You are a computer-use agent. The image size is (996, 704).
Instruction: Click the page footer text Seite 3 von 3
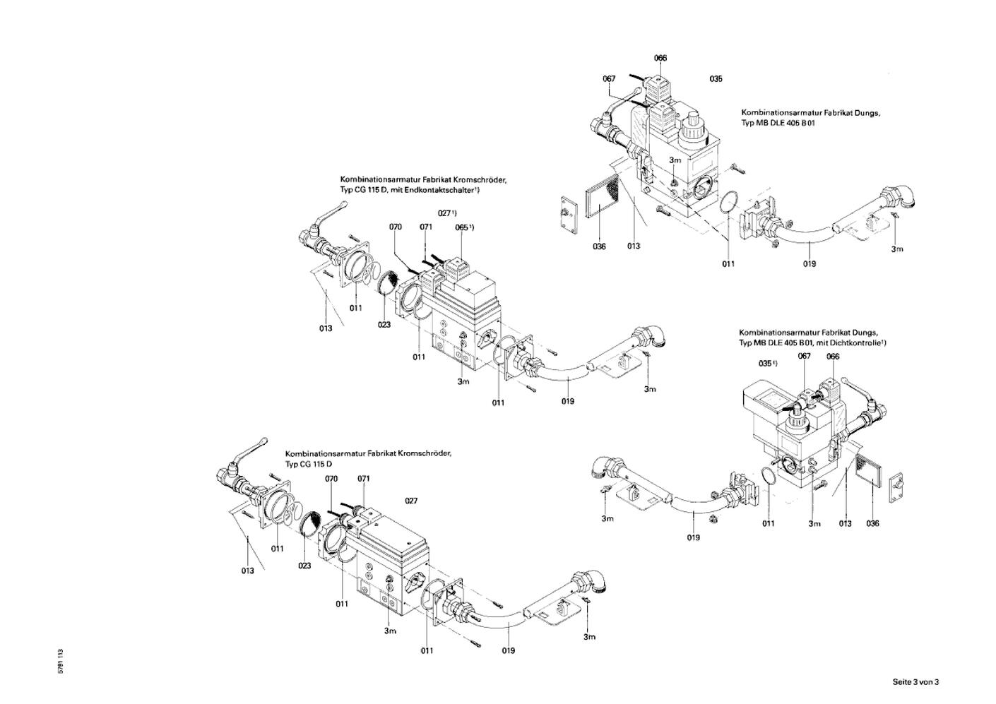pyautogui.click(x=915, y=681)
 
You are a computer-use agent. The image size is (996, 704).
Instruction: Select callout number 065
pyautogui.click(x=461, y=227)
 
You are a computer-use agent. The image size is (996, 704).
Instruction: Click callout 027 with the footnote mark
pyautogui.click(x=446, y=213)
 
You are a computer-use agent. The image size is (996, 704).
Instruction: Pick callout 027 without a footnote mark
pyautogui.click(x=411, y=501)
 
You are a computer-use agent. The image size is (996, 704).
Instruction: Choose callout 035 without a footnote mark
pyautogui.click(x=716, y=79)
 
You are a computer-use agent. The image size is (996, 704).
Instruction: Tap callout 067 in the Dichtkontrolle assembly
pyautogui.click(x=804, y=356)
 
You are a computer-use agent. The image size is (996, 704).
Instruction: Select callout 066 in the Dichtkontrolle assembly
pyautogui.click(x=833, y=356)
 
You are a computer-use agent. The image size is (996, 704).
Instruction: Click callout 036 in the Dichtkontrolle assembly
pyautogui.click(x=873, y=523)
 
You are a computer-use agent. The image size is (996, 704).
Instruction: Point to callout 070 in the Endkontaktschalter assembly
pyautogui.click(x=396, y=227)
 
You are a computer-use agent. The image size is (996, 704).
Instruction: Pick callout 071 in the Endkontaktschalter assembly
pyautogui.click(x=425, y=227)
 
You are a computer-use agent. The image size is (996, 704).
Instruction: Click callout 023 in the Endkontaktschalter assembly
pyautogui.click(x=384, y=325)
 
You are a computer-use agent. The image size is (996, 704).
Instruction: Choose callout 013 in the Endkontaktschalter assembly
pyautogui.click(x=325, y=328)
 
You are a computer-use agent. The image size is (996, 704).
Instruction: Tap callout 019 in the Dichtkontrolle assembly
pyautogui.click(x=693, y=537)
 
